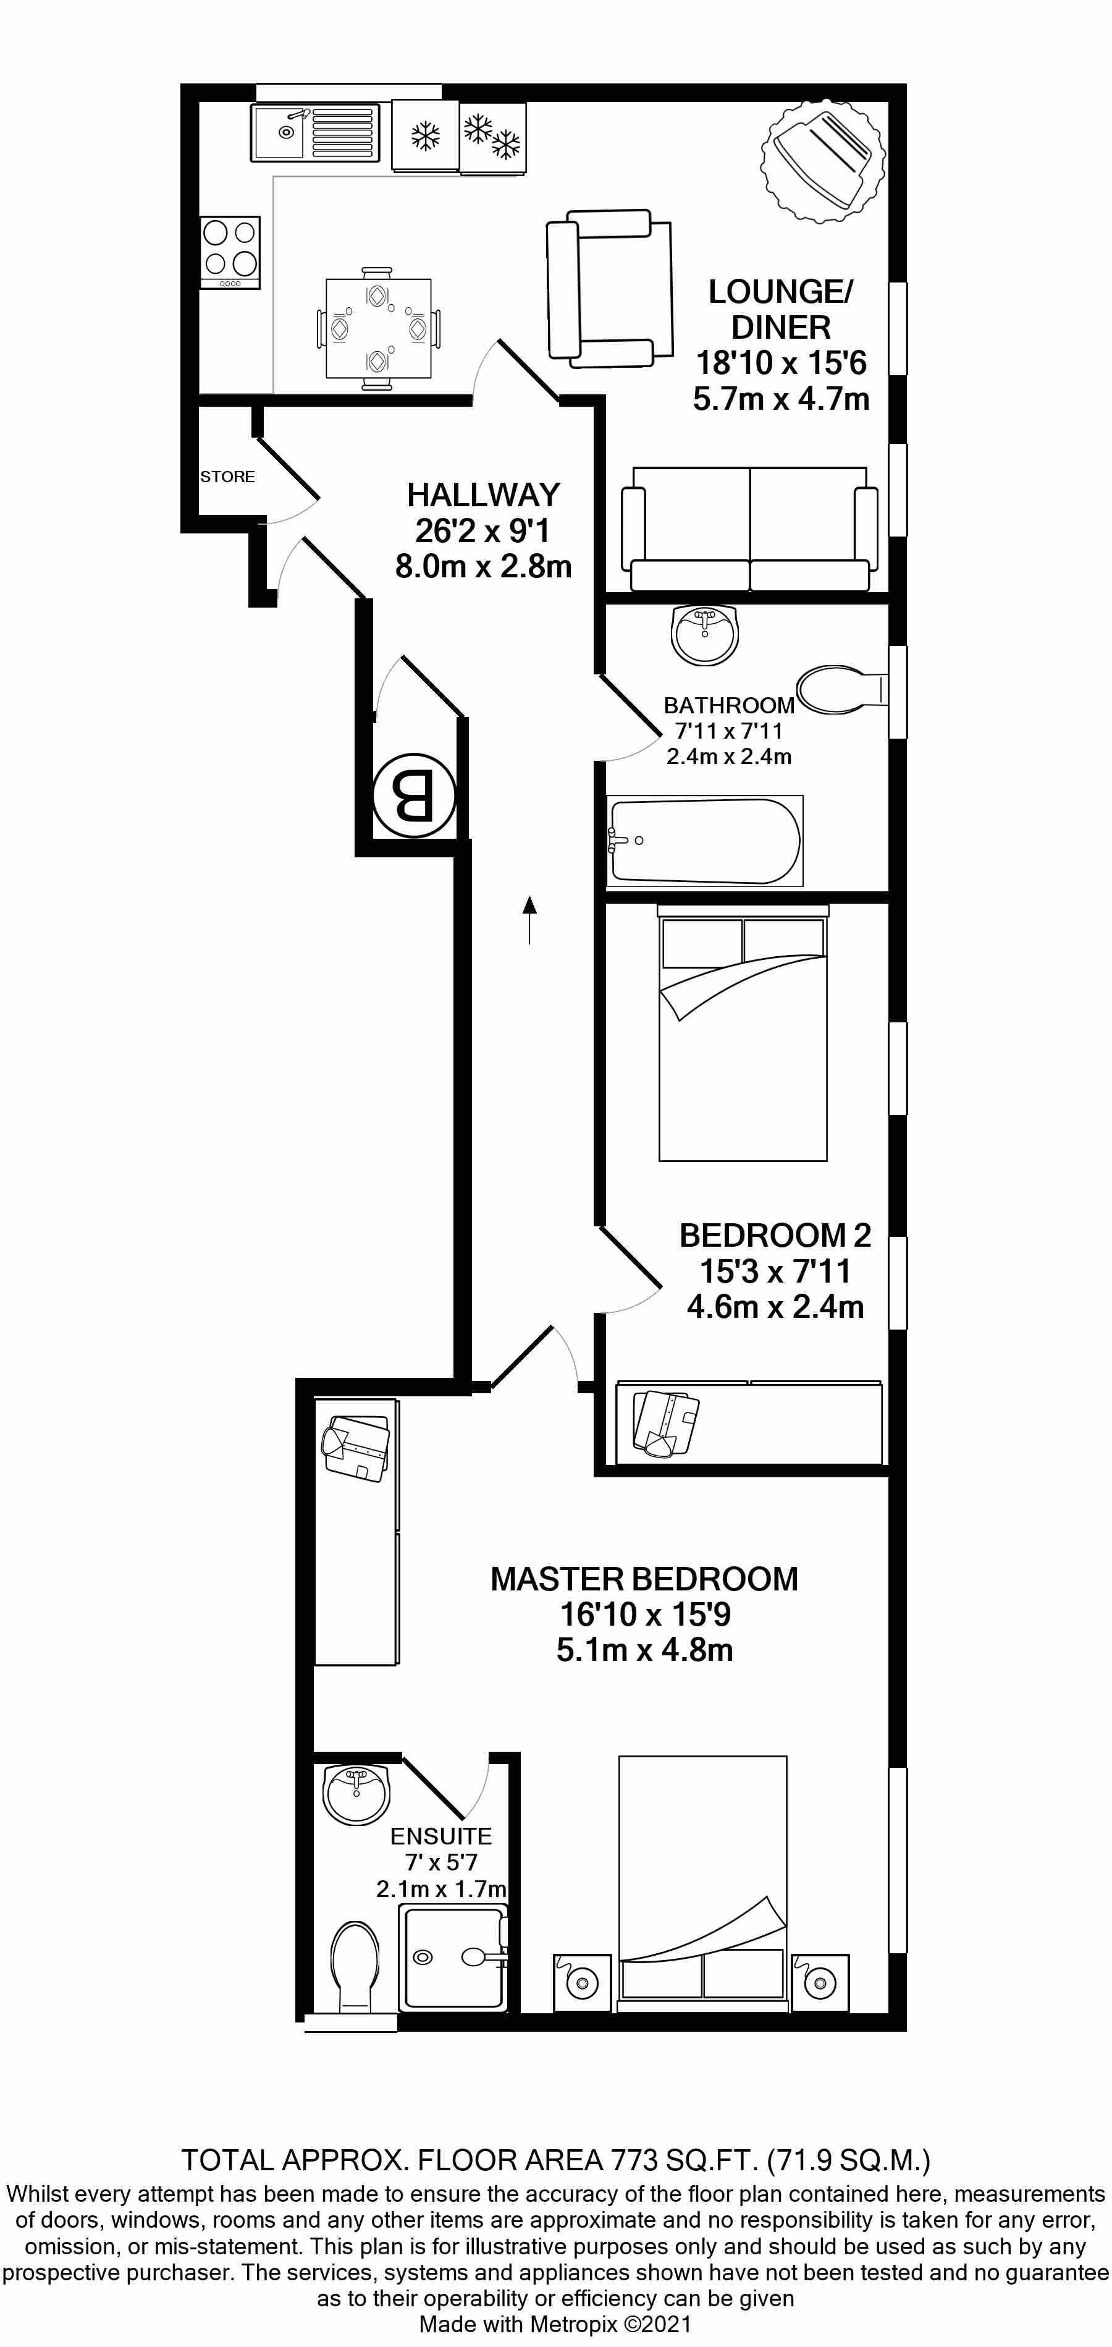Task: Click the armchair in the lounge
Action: (x=609, y=288)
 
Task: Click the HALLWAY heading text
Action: (x=482, y=494)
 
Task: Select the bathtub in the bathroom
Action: (x=705, y=841)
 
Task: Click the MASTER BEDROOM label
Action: (x=644, y=1578)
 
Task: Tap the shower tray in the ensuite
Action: (x=453, y=1959)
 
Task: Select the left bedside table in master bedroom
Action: (x=582, y=1982)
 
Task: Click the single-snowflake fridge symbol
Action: (x=424, y=136)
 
